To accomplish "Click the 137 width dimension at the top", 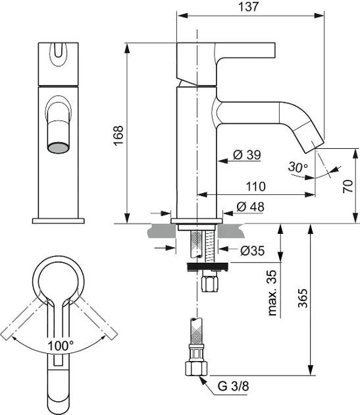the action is click(248, 7).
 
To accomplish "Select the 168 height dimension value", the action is click(118, 135).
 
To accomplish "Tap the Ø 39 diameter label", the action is click(247, 155).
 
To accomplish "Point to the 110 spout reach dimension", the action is click(255, 186).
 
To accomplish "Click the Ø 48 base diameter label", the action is click(250, 207).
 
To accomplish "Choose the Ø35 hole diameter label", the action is click(252, 250).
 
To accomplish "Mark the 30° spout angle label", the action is click(298, 167).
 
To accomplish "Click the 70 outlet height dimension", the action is click(348, 186).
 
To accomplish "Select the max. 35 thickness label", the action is click(272, 292).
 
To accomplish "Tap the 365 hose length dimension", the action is click(303, 298).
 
